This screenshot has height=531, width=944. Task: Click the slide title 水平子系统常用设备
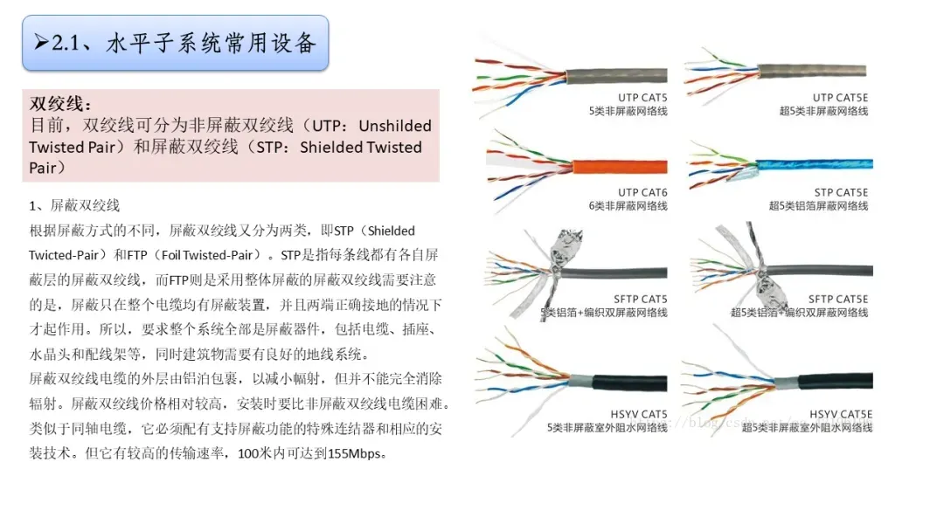(x=210, y=43)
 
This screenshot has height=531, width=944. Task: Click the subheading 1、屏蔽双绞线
(x=74, y=206)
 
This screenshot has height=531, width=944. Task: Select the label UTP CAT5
(x=642, y=98)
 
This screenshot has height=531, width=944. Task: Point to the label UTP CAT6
(x=642, y=193)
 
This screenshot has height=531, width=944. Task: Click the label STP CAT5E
(x=841, y=193)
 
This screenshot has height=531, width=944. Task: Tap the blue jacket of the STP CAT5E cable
(x=813, y=163)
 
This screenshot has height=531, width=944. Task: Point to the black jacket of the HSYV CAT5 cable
(x=629, y=382)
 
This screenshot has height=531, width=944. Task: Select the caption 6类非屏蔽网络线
(x=628, y=206)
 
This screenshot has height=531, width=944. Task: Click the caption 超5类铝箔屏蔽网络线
(x=818, y=206)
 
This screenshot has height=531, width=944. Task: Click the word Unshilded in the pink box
(x=395, y=126)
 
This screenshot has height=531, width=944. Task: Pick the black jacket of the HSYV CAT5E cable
(x=830, y=382)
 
